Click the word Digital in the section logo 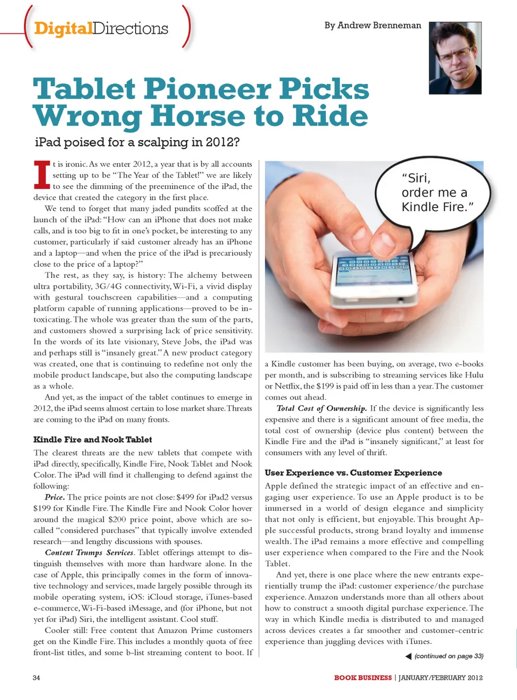coord(63,28)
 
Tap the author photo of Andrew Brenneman coord(455,59)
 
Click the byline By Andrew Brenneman coord(373,25)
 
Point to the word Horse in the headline coord(198,116)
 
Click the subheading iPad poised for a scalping coord(137,142)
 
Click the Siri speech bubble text coord(437,192)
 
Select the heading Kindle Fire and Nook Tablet coord(93,439)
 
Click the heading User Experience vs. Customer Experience coord(353,473)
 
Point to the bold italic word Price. coord(55,497)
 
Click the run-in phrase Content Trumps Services coord(89,552)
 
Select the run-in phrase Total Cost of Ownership coord(322,408)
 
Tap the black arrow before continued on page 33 coord(408,656)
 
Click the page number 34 coord(36,677)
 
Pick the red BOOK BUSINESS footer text coord(362,677)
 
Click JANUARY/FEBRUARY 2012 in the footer coord(441,677)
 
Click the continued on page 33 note coord(449,656)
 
